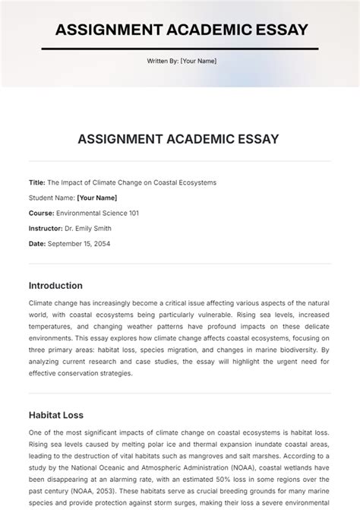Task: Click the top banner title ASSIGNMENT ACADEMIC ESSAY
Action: (x=180, y=30)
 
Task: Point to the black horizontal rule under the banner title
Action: (x=180, y=49)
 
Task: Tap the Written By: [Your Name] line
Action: (x=180, y=63)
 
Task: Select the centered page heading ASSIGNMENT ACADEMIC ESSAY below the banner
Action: (x=180, y=139)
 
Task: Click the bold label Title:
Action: (x=37, y=182)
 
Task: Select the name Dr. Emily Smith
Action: (x=89, y=228)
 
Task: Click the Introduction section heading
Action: (x=55, y=286)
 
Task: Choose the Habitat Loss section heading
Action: (x=56, y=415)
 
